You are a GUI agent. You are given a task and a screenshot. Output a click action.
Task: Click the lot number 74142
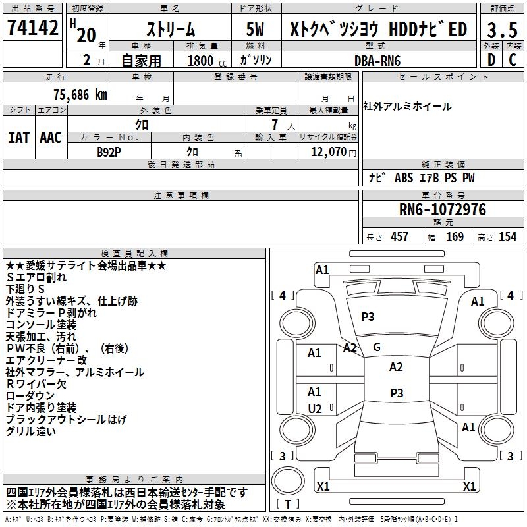pos(33,28)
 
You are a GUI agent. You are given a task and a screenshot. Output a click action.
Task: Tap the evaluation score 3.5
pos(501,30)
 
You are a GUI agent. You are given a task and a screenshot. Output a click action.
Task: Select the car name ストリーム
pos(170,30)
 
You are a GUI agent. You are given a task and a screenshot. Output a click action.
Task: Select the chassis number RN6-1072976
pos(443,209)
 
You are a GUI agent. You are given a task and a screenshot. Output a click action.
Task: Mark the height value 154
pos(508,236)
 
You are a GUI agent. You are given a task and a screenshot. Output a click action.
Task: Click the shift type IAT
pos(18,138)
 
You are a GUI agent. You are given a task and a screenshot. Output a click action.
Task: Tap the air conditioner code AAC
pos(50,138)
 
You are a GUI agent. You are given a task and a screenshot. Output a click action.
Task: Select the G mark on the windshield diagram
pos(377,347)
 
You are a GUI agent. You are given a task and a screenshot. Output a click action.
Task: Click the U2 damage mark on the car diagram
pos(315,409)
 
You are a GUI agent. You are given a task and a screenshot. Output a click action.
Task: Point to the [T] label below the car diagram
pos(288,505)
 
